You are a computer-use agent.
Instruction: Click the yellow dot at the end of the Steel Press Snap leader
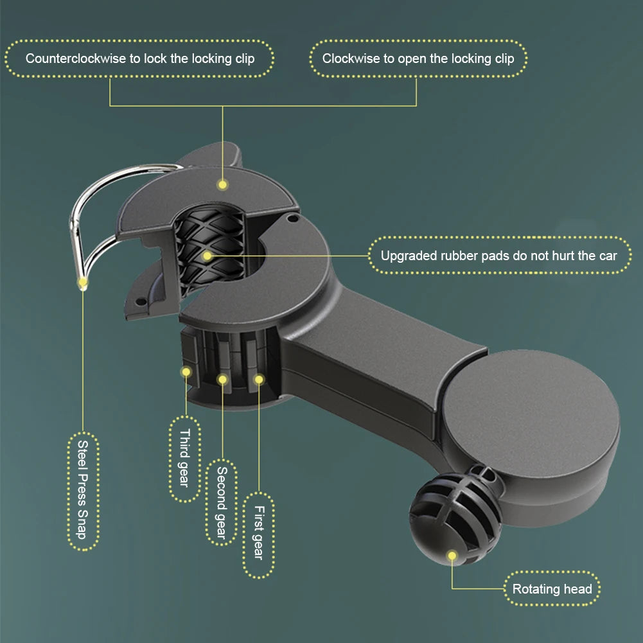(83, 282)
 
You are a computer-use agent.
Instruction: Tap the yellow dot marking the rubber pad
(207, 256)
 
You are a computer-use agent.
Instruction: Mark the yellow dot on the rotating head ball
(452, 556)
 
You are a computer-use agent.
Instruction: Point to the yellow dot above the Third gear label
(186, 372)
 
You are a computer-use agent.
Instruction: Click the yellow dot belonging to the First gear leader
(259, 380)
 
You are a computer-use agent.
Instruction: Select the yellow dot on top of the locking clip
(223, 184)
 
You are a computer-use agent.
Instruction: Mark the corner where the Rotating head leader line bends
(452, 588)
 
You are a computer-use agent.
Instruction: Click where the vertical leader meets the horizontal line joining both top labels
(223, 106)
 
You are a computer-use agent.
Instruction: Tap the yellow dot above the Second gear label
(223, 380)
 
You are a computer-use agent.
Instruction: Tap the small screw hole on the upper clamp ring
(292, 218)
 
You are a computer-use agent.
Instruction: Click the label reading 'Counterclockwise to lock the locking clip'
(140, 58)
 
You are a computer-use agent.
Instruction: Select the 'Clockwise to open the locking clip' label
(418, 58)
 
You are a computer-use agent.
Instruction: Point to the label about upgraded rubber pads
(499, 256)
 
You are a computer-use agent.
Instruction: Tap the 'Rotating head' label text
(552, 589)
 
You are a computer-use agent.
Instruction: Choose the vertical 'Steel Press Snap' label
(83, 491)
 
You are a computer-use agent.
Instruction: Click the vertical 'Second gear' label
(222, 502)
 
